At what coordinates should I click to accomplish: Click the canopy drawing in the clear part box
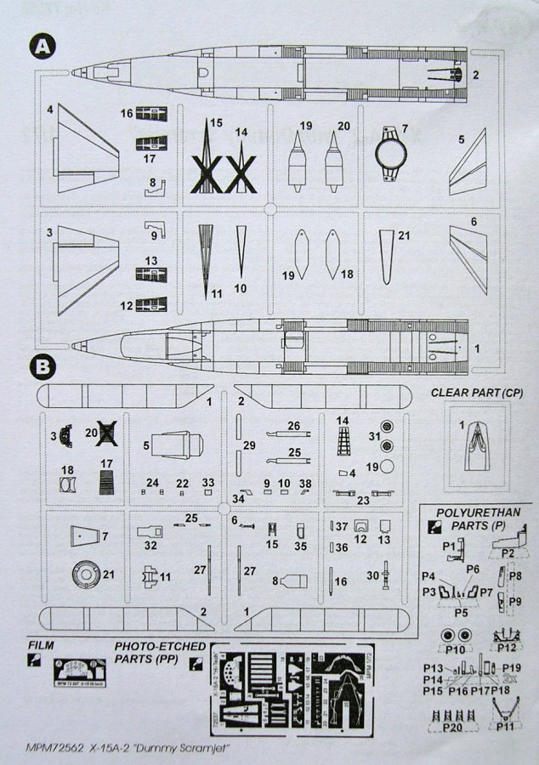point(477,447)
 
